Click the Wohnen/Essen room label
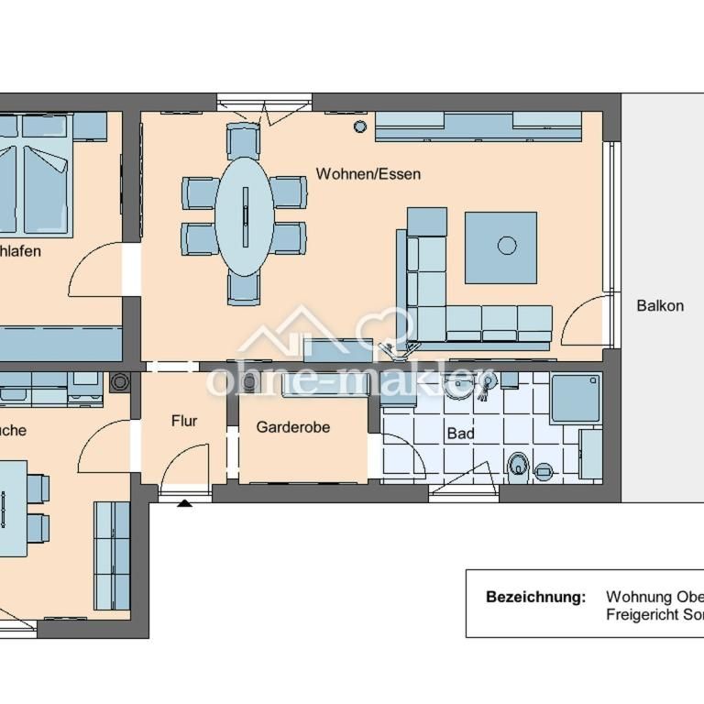368,173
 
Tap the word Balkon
660,305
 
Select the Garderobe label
292,427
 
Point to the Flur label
184,421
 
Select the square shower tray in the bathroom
575,398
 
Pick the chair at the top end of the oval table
244,141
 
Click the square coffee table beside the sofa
500,247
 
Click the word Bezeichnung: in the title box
535,597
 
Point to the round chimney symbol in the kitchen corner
118,382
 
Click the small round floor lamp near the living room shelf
359,126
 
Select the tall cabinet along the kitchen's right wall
112,555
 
